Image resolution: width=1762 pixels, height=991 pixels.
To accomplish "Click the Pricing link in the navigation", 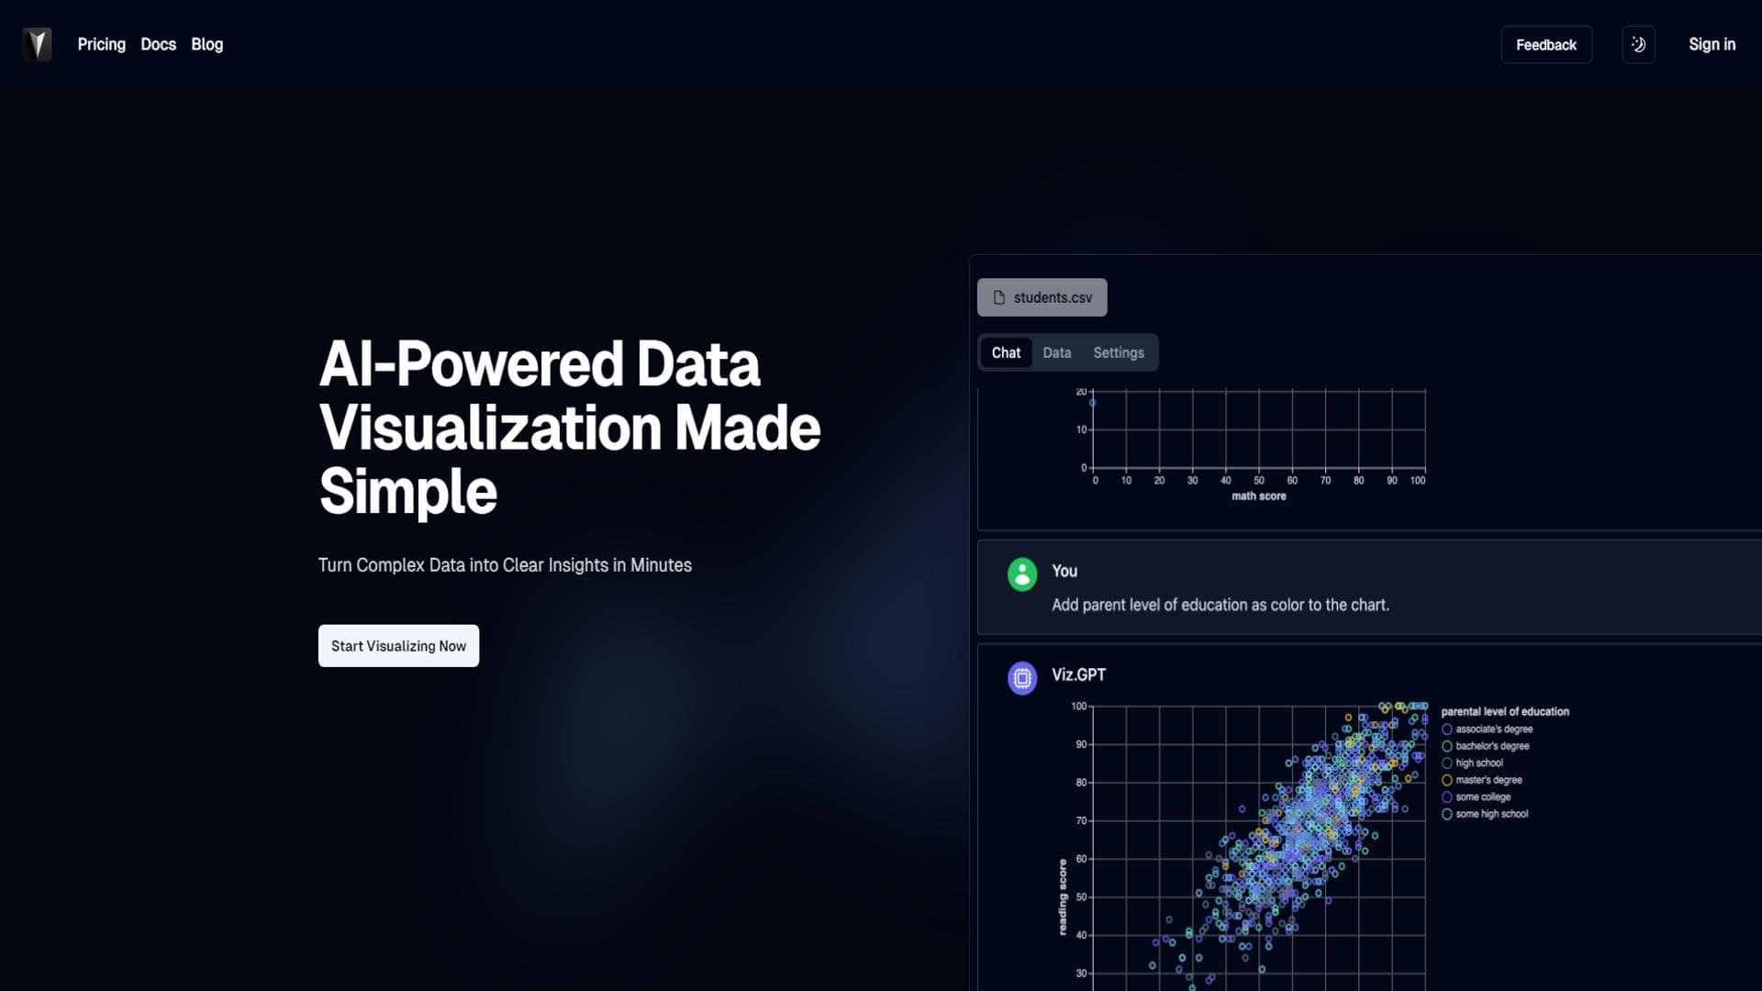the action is pyautogui.click(x=101, y=44).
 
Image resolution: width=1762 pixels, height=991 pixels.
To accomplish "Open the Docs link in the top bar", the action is pyautogui.click(x=158, y=44).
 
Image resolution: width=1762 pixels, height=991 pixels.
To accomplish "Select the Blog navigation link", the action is pyautogui.click(x=206, y=44).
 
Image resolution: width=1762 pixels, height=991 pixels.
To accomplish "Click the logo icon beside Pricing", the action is pyautogui.click(x=37, y=44).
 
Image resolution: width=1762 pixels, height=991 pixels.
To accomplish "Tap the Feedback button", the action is pyautogui.click(x=1546, y=45).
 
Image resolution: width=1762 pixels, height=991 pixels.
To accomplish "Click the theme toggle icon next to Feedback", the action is pyautogui.click(x=1639, y=45).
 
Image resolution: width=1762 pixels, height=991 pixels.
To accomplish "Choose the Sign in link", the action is pyautogui.click(x=1712, y=44).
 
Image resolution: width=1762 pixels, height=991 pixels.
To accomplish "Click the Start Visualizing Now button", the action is pyautogui.click(x=398, y=646).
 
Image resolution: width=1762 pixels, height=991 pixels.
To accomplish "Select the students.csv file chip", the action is pyautogui.click(x=1042, y=297).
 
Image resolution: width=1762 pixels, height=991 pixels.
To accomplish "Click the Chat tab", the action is pyautogui.click(x=1006, y=352).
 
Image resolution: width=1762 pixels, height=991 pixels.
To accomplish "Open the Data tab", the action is pyautogui.click(x=1056, y=352).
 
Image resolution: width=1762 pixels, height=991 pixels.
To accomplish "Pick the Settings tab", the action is pyautogui.click(x=1119, y=352).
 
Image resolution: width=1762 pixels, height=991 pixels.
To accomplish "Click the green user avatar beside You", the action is pyautogui.click(x=1022, y=574).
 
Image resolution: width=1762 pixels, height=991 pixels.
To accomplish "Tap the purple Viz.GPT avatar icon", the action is pyautogui.click(x=1022, y=678).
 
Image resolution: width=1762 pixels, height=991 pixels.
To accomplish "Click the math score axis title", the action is pyautogui.click(x=1258, y=496).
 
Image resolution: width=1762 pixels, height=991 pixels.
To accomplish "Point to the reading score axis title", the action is pyautogui.click(x=1063, y=897).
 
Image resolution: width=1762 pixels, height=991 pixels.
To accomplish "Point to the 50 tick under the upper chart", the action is pyautogui.click(x=1259, y=481).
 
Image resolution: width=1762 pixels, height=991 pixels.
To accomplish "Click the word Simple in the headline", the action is pyautogui.click(x=408, y=492).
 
